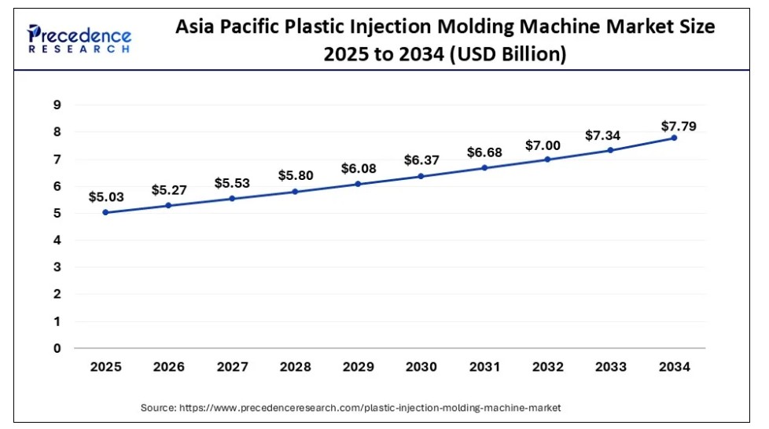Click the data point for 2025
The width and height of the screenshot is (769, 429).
[105, 212]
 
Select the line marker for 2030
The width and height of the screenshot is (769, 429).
[421, 176]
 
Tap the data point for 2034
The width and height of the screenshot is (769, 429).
[674, 137]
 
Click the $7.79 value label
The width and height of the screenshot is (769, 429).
[678, 125]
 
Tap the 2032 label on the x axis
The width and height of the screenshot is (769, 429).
[547, 366]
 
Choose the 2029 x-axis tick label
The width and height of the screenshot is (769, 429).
[358, 366]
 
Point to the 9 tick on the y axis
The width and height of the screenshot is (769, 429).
[57, 104]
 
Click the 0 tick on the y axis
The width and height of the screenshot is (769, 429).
[57, 348]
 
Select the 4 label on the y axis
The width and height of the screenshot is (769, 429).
[57, 240]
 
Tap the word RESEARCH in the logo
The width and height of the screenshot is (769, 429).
[79, 49]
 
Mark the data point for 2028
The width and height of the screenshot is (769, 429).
[295, 191]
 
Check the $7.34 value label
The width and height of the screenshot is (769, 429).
[604, 136]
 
